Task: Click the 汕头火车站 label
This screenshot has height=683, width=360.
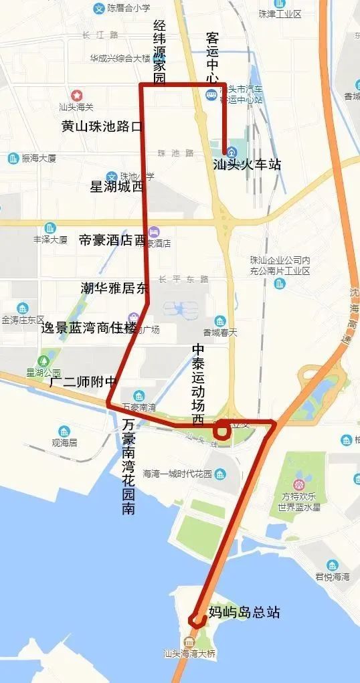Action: point(246,165)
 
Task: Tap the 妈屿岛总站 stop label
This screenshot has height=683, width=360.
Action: point(244,613)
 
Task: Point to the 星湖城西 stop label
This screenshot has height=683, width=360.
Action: point(116,187)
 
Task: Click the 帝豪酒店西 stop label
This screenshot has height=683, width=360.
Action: point(112,240)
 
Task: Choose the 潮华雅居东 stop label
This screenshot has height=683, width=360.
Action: point(114,288)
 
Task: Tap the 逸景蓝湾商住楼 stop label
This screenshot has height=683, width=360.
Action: point(88,328)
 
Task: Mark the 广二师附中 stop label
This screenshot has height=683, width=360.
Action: point(83,382)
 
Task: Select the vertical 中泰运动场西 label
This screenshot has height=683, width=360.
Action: point(198,385)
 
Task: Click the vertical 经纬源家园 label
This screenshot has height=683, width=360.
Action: point(159,53)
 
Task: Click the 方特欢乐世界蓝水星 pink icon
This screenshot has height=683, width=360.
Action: point(300,483)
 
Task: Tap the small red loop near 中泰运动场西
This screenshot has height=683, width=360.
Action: point(221,431)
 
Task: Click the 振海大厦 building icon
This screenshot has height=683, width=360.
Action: point(13,159)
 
